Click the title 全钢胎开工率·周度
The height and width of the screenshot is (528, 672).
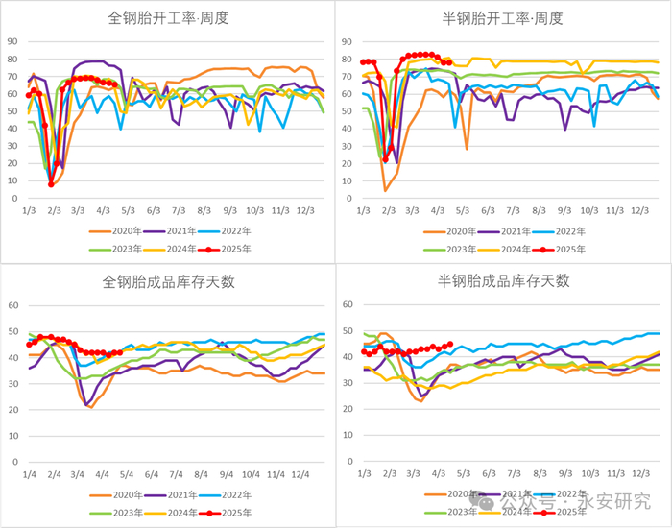click(x=167, y=18)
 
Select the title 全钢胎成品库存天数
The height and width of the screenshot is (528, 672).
click(x=167, y=282)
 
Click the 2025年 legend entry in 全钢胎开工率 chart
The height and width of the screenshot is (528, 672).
click(x=230, y=248)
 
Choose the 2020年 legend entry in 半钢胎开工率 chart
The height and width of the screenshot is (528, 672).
click(x=452, y=231)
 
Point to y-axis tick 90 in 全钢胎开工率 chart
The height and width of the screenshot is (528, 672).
click(x=12, y=41)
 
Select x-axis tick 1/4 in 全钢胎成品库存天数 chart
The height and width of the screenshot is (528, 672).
click(x=31, y=474)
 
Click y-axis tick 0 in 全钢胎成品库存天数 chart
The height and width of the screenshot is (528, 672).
click(x=15, y=461)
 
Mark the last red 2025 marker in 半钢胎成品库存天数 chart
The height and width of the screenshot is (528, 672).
click(x=449, y=345)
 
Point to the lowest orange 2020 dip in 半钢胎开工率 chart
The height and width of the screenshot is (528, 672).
click(x=386, y=190)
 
